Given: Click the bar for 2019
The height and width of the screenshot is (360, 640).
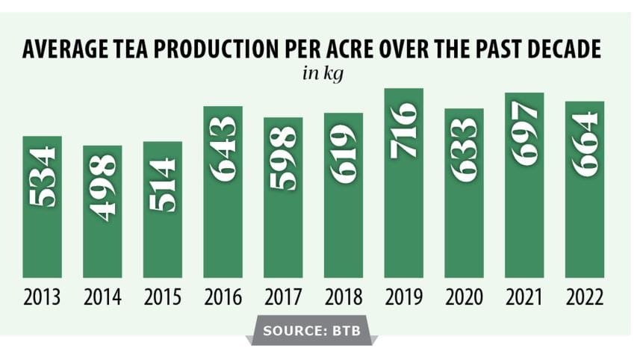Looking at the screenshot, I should [x=404, y=183].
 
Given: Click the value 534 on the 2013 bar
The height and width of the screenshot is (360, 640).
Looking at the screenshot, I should [x=43, y=179].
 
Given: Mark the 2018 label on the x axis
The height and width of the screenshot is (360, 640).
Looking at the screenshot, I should [x=344, y=297].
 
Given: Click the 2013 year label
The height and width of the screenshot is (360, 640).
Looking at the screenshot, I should [x=43, y=297].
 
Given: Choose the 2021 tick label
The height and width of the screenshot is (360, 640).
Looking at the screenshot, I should [x=525, y=297].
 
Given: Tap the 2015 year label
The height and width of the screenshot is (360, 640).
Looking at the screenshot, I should [x=163, y=297].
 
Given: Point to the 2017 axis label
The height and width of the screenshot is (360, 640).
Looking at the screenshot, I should [x=284, y=297].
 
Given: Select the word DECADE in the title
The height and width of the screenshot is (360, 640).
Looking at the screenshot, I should [x=560, y=51].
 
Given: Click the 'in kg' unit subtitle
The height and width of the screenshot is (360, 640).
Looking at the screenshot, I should [x=319, y=75].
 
